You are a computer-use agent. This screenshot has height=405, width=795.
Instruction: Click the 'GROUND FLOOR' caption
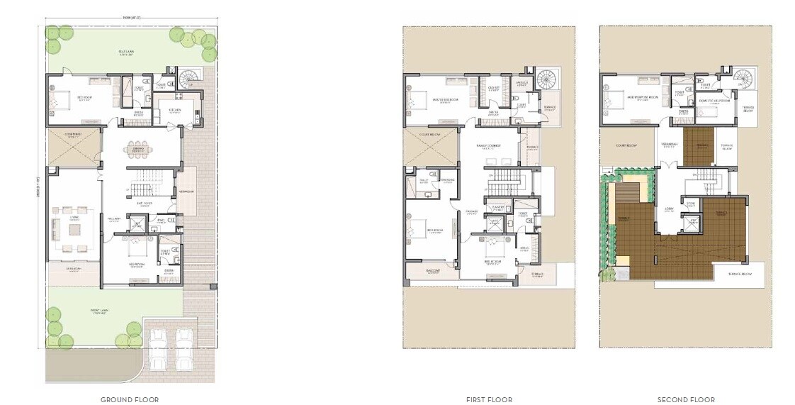[x=130, y=399]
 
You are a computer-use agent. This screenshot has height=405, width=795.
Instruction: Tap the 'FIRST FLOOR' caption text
[x=489, y=399]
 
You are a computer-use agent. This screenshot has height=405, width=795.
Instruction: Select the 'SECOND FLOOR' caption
[x=686, y=399]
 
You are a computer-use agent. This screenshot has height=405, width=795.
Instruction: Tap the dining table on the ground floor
[x=138, y=149]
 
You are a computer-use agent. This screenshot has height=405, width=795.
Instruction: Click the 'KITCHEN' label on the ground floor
[x=175, y=110]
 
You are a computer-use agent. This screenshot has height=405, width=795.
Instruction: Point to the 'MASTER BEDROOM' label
[x=444, y=100]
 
